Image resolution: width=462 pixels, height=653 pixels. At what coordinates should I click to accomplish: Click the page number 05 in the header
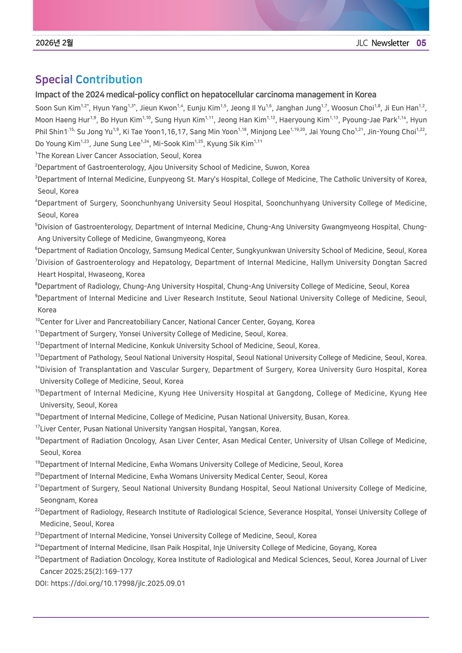click(x=421, y=43)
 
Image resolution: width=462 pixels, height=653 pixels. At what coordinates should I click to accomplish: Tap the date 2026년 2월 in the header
click(x=54, y=43)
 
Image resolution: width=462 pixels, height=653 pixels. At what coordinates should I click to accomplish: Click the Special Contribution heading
click(x=89, y=79)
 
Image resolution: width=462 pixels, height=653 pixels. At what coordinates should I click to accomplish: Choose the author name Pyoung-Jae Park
click(x=370, y=120)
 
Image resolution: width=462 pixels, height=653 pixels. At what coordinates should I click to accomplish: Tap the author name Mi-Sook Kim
click(x=174, y=144)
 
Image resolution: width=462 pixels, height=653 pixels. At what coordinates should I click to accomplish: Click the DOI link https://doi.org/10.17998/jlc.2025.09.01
click(x=118, y=583)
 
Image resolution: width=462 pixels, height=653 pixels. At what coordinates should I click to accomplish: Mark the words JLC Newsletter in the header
click(x=383, y=43)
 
